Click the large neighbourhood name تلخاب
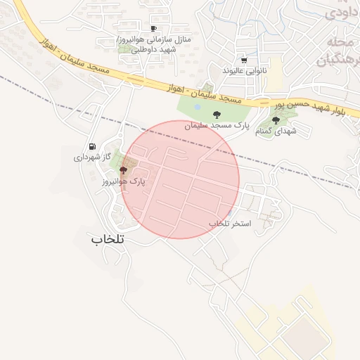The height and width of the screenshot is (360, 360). click(x=107, y=239)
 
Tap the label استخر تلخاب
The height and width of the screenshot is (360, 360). click(x=229, y=223)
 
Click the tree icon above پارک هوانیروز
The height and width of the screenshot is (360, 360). click(x=124, y=170)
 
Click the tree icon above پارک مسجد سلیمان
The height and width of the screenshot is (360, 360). click(x=216, y=115)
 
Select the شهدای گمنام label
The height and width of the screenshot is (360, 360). click(x=276, y=131)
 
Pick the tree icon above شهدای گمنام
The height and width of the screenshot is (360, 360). click(x=276, y=120)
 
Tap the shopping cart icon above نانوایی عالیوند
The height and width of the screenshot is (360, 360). click(x=244, y=61)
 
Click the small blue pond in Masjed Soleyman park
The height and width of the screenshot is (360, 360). click(x=197, y=107)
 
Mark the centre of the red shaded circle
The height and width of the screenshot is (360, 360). click(x=180, y=179)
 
